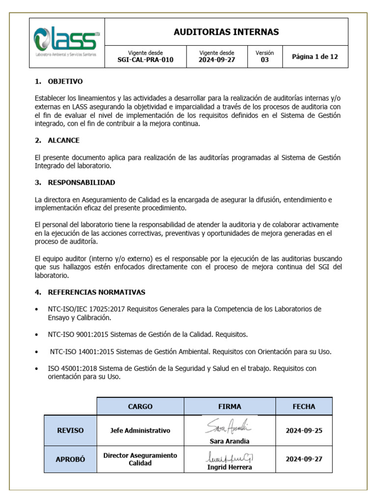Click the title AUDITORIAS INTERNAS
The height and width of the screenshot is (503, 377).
(x=226, y=32)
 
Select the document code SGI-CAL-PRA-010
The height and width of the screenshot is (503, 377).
(x=145, y=60)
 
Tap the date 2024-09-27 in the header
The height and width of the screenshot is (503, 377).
(x=216, y=60)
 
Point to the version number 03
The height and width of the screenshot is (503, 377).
(x=265, y=60)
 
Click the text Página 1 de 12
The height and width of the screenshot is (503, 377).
(x=315, y=57)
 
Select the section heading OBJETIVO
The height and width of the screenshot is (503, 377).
(x=65, y=82)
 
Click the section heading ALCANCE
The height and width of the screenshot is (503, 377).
(x=63, y=140)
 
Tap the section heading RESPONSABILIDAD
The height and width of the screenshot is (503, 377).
(x=81, y=183)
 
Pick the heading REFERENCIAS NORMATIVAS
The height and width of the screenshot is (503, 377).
(x=96, y=292)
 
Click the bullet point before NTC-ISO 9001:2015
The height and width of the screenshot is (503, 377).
(x=38, y=335)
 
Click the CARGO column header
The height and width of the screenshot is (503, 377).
(x=140, y=407)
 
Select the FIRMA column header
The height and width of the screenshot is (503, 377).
(x=229, y=407)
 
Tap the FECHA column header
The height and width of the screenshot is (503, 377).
(x=304, y=407)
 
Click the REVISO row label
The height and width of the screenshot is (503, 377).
(x=70, y=430)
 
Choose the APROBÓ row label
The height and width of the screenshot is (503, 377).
(x=70, y=459)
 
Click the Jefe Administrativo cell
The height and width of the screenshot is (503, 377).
(x=140, y=430)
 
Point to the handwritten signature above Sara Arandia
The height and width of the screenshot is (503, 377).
(x=228, y=425)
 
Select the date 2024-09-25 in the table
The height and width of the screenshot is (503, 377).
(x=304, y=430)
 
